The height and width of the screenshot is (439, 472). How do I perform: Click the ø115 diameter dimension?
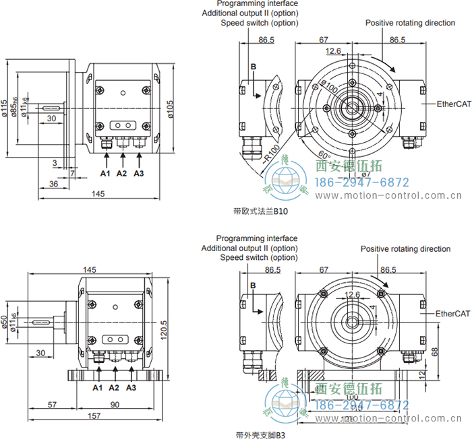[5, 107]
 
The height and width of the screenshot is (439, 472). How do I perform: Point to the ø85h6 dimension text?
[15, 108]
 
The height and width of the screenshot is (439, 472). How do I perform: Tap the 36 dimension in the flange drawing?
[54, 183]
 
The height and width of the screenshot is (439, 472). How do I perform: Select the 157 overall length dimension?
[94, 416]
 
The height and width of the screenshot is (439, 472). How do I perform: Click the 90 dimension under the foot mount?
[114, 405]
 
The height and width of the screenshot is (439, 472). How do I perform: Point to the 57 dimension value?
[51, 405]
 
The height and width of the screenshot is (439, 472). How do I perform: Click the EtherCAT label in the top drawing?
[453, 104]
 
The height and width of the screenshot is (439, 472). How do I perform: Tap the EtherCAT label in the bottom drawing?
[453, 314]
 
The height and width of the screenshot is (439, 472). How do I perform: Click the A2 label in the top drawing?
[121, 174]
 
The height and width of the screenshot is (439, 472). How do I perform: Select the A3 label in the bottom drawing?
[131, 388]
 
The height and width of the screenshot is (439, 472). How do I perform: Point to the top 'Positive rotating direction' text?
[410, 23]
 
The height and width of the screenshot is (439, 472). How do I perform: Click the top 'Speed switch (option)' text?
[260, 23]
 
